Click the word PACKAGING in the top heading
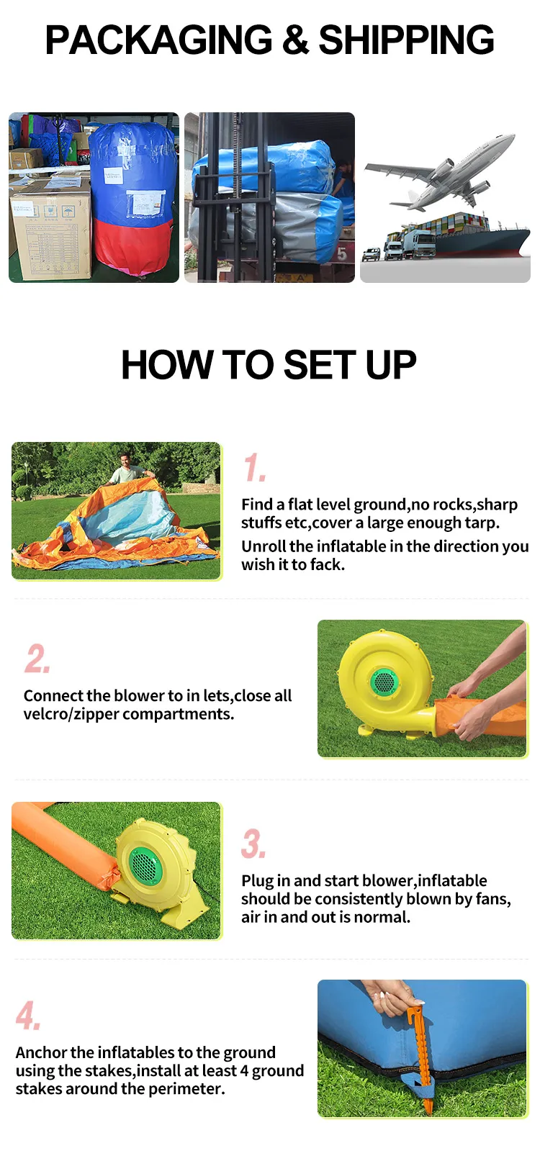(x=158, y=40)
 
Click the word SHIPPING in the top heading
(x=406, y=40)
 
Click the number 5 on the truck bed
(x=342, y=254)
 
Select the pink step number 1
(x=254, y=468)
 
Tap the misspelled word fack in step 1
(x=326, y=564)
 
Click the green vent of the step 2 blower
(x=384, y=682)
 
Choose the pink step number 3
(x=253, y=844)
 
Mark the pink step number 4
(x=28, y=1015)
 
